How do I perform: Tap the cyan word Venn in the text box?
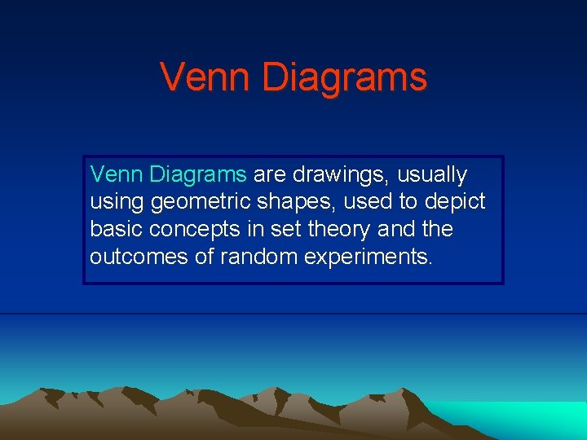coord(117,174)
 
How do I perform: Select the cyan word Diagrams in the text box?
coord(198,174)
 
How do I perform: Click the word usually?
coord(432,175)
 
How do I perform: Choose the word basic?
coord(115,229)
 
